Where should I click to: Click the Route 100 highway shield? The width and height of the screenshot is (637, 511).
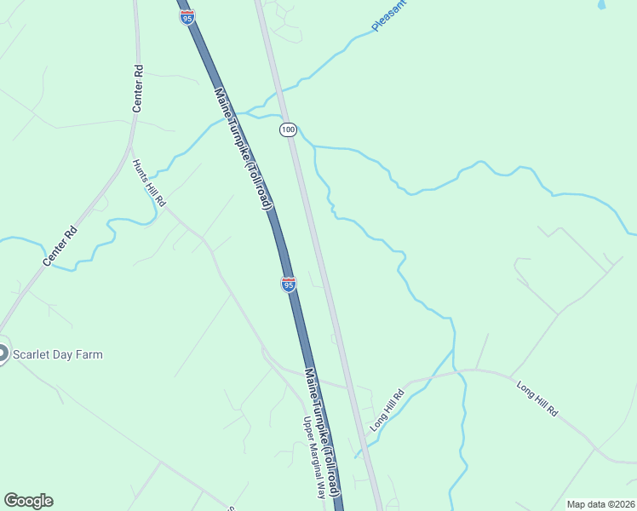[288, 129]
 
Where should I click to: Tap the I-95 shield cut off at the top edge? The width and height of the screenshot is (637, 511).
[187, 17]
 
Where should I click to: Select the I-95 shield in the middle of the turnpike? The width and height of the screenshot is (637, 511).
[289, 284]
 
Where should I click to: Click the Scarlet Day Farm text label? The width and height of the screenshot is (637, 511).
[57, 354]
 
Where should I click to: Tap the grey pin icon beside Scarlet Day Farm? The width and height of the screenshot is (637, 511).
[3, 354]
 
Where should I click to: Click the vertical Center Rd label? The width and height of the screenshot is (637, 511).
[138, 89]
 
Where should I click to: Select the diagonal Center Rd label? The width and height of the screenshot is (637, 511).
[60, 246]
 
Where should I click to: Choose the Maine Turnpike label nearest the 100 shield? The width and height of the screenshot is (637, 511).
[243, 149]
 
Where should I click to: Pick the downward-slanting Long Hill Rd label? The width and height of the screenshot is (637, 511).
[537, 399]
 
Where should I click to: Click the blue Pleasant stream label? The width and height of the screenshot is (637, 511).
[389, 16]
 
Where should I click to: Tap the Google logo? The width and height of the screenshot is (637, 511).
[28, 501]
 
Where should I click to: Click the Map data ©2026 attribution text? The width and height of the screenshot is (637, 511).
[600, 504]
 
